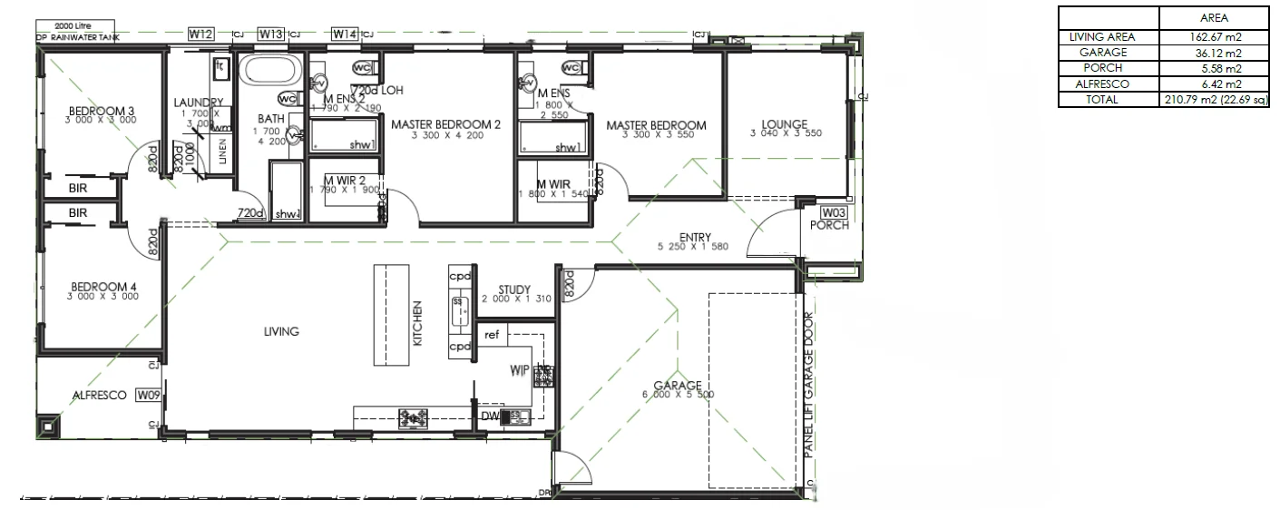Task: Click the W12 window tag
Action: pos(200,34)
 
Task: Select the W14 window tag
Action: pos(344,34)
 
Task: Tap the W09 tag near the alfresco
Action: pos(148,395)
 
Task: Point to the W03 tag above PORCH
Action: pos(832,212)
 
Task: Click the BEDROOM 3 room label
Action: pos(102,113)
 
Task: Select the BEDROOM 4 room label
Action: pos(102,289)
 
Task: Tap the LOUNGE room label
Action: pos(785,124)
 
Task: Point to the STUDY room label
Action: pos(513,290)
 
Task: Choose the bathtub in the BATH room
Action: pos(270,71)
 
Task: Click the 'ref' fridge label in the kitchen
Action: pos(492,335)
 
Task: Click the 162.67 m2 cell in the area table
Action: pos(1213,37)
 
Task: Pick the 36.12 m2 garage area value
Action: pos(1213,53)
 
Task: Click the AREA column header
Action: pos(1213,17)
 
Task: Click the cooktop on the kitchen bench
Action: pos(414,417)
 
